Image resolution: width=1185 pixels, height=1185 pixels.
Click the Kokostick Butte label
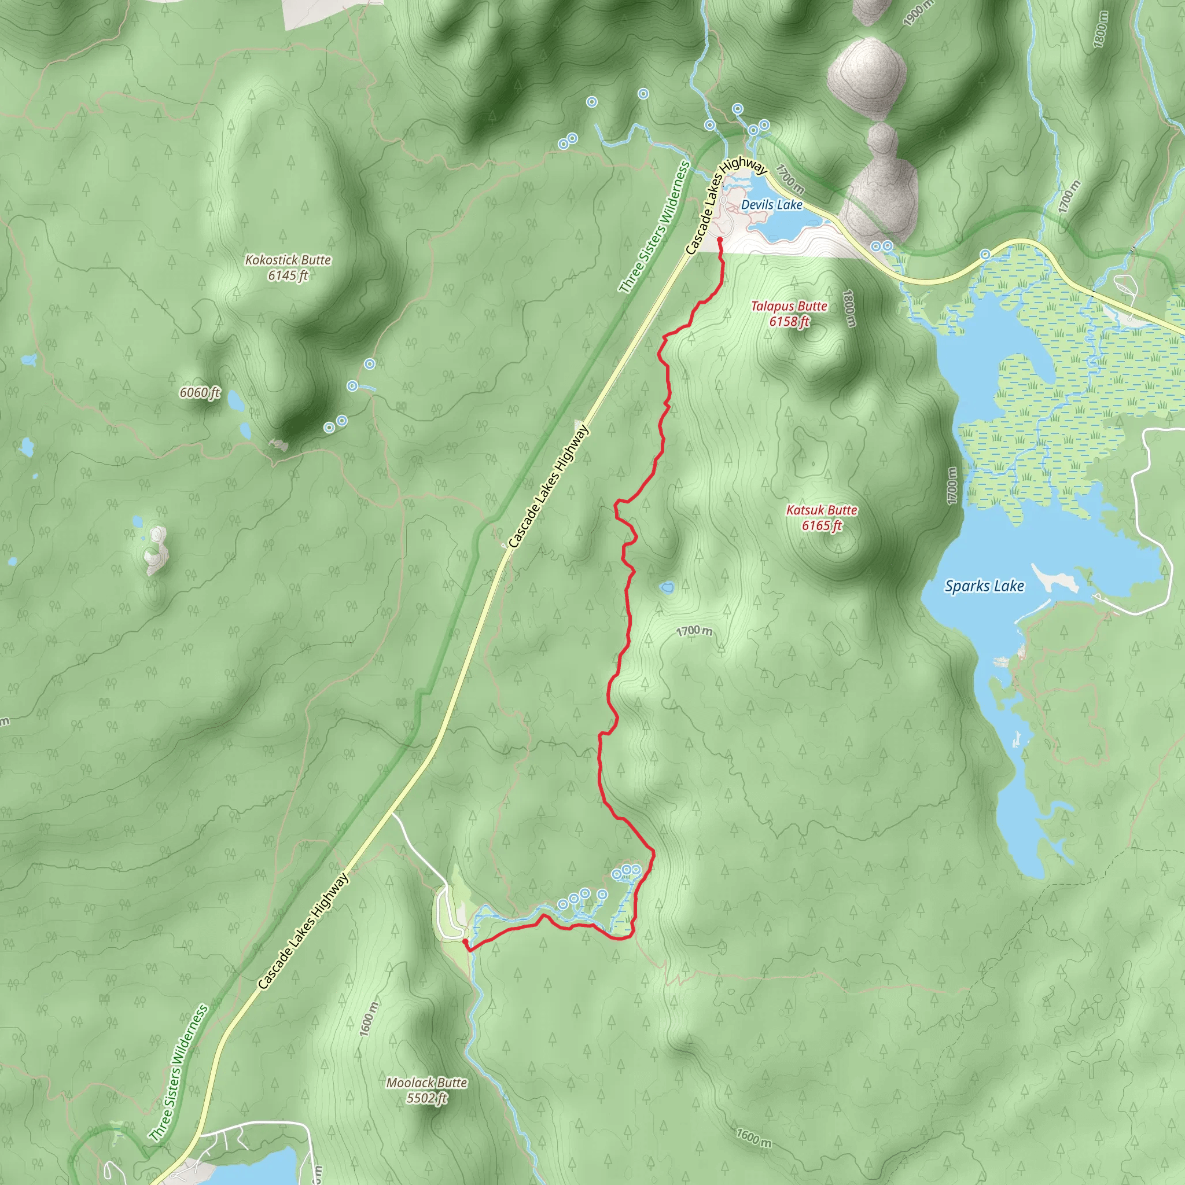288,260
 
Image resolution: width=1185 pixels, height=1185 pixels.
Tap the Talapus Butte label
789,306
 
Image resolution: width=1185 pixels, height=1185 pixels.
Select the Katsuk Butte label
821,510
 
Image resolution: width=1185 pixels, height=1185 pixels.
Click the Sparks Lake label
984,586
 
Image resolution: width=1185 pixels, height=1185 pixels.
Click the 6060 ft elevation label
200,392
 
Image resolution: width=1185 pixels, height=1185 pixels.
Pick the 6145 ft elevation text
288,275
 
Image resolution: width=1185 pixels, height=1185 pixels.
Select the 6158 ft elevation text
789,321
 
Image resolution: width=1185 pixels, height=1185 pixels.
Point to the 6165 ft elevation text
822,525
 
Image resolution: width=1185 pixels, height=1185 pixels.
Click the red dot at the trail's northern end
719,240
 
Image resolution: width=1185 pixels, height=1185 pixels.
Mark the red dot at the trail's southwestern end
465,941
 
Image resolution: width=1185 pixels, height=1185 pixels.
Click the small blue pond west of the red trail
667,588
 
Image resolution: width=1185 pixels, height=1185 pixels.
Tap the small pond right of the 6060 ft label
234,401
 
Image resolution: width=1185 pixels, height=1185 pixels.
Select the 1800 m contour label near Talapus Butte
848,308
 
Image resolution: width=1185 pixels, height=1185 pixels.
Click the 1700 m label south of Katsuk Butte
694,631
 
